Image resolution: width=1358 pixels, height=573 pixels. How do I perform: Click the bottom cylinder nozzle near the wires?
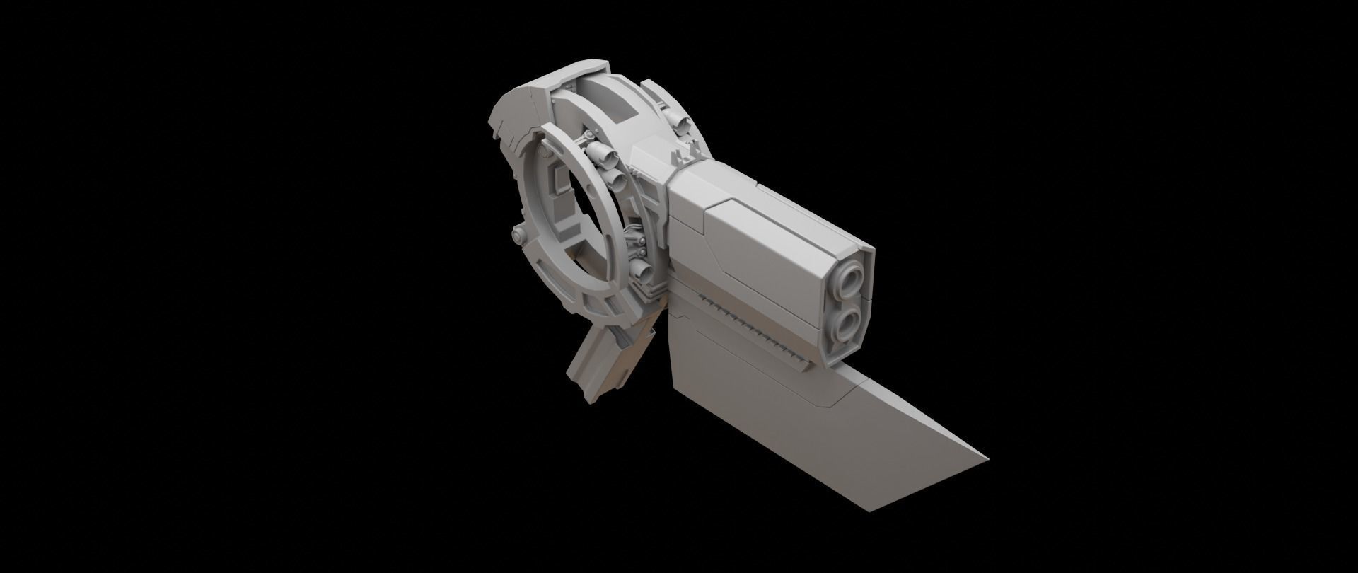[641, 269]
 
